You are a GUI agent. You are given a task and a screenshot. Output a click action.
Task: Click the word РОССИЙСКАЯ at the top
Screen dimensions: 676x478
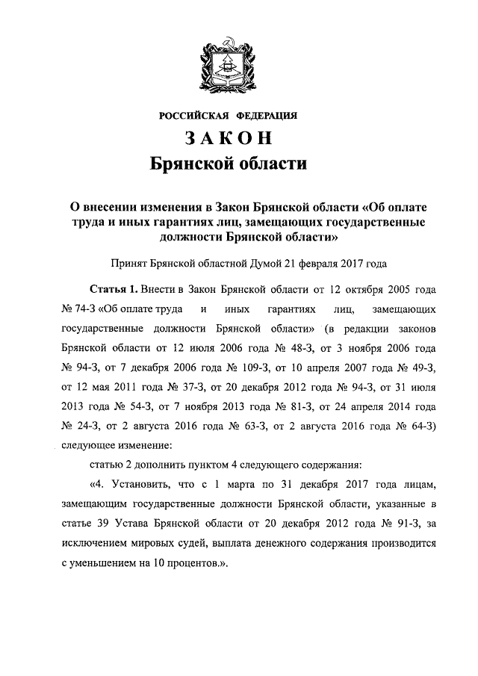[193, 115]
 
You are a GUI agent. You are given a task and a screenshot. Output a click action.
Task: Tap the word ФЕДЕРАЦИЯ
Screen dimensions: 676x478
[267, 115]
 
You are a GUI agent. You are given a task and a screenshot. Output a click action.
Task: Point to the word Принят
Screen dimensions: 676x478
[128, 263]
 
